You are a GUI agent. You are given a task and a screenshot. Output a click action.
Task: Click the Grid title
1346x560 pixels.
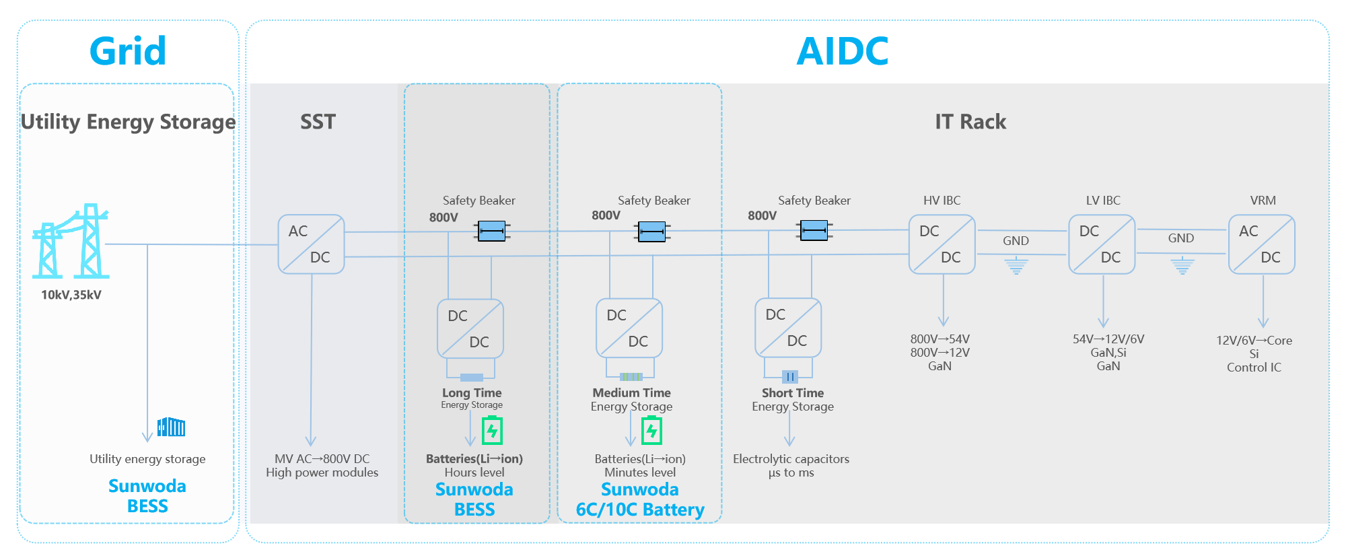[x=128, y=51]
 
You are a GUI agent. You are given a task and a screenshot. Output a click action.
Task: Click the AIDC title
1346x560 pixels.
[x=842, y=51]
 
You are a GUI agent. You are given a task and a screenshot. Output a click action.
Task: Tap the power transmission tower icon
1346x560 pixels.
[x=71, y=242]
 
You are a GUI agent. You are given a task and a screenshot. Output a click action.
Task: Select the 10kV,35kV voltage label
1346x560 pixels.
[x=71, y=295]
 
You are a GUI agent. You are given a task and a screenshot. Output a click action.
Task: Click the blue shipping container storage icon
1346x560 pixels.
[x=171, y=427]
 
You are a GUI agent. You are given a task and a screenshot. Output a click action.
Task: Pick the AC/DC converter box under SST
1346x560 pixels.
[x=311, y=244]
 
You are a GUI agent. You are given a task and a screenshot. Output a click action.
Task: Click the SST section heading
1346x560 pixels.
[x=318, y=122]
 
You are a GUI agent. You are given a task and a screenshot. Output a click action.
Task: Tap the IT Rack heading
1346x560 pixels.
[x=970, y=122]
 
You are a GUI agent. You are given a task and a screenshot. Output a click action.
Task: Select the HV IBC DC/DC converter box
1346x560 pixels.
[x=942, y=244]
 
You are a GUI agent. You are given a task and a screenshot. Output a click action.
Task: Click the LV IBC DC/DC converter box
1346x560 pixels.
[x=1102, y=244]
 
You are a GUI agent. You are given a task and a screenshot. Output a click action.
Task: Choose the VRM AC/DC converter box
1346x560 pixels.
[x=1261, y=244]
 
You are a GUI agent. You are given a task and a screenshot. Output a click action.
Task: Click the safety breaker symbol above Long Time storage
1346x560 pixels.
[x=492, y=231]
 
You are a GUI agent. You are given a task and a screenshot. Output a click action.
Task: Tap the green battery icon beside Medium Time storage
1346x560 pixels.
[x=651, y=431]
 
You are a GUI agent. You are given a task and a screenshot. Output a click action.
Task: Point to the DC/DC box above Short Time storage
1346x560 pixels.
[x=787, y=328]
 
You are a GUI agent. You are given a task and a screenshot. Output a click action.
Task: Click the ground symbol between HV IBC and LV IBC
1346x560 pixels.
[x=1016, y=266]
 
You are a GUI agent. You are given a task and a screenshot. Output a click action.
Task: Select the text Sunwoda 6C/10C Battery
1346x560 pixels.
[x=640, y=499]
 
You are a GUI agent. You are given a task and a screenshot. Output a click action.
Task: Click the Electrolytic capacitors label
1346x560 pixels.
[x=791, y=459]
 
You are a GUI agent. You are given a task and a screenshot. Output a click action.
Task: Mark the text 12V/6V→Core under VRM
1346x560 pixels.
[x=1254, y=341]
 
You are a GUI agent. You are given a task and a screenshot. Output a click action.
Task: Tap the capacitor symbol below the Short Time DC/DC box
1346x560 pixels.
[x=789, y=376]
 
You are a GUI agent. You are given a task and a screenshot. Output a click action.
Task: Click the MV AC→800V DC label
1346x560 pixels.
[x=322, y=459]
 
